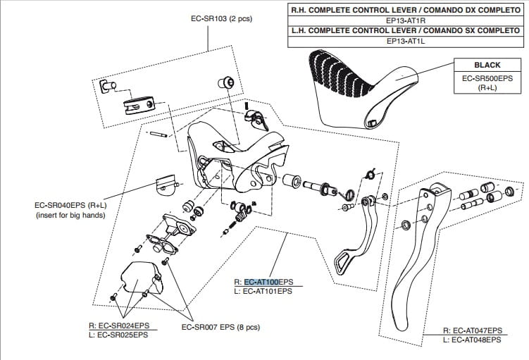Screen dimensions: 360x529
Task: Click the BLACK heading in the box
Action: tap(487, 65)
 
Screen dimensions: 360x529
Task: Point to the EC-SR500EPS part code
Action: tap(487, 77)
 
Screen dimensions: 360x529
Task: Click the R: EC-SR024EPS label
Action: tap(119, 325)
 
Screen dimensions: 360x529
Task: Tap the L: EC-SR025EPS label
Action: tap(119, 335)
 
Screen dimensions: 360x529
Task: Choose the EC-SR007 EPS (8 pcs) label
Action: tap(220, 327)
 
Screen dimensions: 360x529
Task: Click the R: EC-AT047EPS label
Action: tap(472, 330)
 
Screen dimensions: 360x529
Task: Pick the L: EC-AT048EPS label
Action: tap(472, 340)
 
